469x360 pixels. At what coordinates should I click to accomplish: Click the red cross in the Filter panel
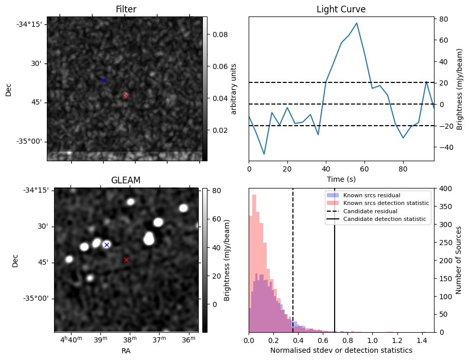pos(126,95)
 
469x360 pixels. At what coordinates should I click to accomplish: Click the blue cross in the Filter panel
pos(103,80)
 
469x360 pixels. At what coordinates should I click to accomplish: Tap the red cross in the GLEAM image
pos(126,260)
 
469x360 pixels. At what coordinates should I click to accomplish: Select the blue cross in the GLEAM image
pos(107,245)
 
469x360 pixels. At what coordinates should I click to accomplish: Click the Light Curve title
pos(341,9)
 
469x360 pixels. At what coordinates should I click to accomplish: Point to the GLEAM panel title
pos(126,180)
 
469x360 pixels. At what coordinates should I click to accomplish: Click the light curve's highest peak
pos(357,23)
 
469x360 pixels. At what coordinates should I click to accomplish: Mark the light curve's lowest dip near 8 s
pos(264,154)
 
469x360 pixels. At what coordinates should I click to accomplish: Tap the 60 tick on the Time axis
pos(364,169)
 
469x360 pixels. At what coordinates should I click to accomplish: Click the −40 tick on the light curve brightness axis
pos(444,147)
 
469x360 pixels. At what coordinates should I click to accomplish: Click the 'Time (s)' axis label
pos(341,179)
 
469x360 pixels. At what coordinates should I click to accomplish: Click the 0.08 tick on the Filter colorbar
pos(220,35)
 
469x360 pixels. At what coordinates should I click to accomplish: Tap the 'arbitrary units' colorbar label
pos(234,89)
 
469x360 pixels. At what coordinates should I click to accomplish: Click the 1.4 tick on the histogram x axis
pos(422,340)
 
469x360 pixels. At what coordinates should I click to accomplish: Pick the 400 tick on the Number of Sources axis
pos(444,188)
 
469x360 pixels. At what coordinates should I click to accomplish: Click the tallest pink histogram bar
pos(254,263)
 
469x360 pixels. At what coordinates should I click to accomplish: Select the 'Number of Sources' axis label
pos(458,261)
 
